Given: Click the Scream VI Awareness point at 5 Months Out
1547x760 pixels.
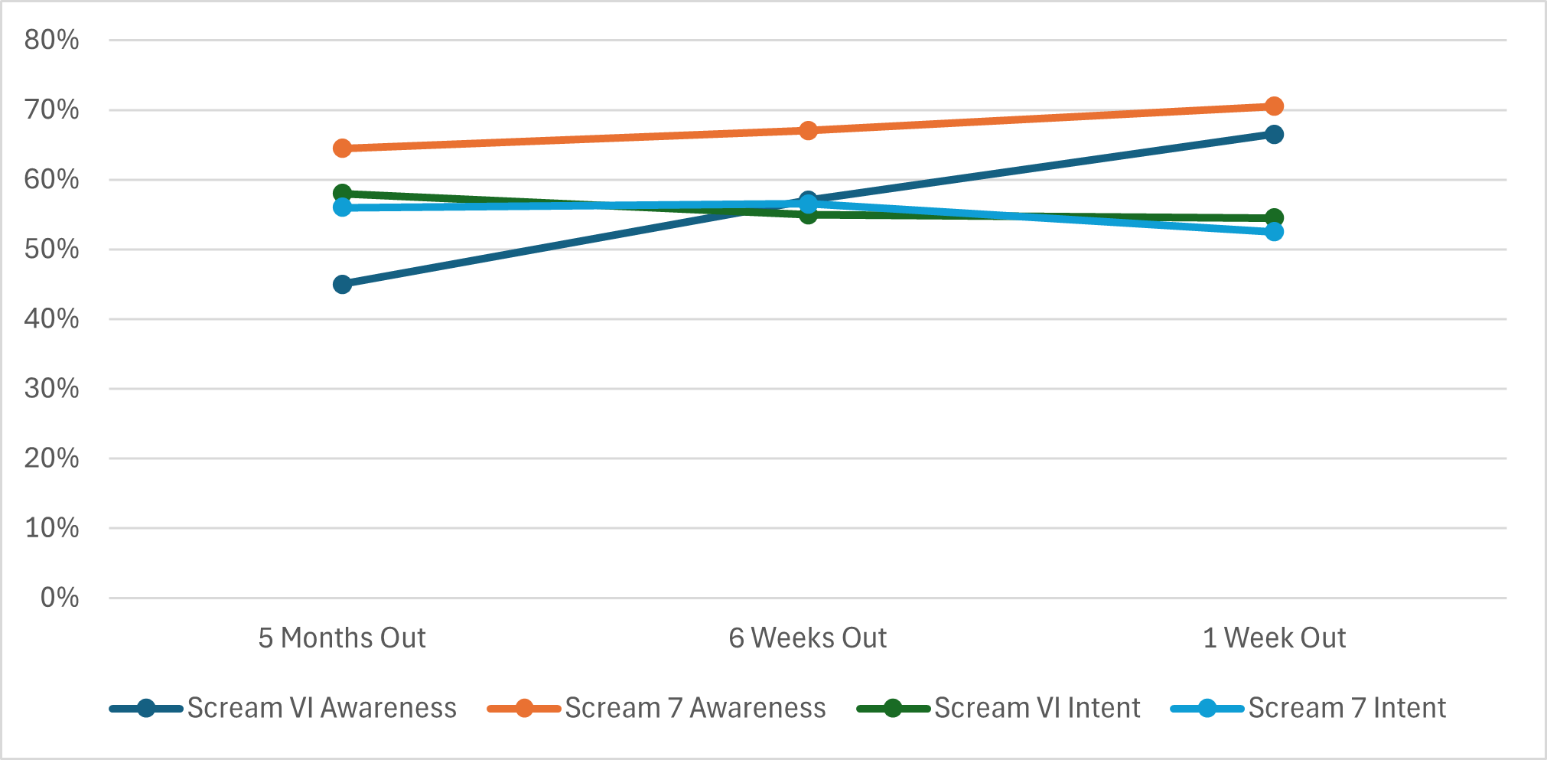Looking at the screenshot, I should click(x=342, y=285).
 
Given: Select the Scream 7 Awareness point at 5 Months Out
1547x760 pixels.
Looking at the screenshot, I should click(x=342, y=148).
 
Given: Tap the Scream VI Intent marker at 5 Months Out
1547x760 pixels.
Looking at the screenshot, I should click(x=342, y=193).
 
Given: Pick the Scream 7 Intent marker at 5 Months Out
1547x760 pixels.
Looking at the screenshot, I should click(x=342, y=207).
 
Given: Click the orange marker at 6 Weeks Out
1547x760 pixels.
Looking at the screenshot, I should click(x=808, y=130).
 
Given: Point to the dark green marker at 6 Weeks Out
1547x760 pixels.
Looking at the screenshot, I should click(x=808, y=215).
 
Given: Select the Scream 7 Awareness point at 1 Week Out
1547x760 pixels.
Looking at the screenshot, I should click(x=1274, y=106).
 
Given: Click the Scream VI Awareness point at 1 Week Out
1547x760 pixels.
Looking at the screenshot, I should click(x=1274, y=135).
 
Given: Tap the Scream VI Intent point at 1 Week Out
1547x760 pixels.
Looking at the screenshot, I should click(x=1274, y=217).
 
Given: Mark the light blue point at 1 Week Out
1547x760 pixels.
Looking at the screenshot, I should click(x=1274, y=232).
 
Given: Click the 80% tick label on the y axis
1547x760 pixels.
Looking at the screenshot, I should click(x=51, y=40).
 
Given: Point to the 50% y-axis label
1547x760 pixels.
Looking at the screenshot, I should click(x=51, y=250).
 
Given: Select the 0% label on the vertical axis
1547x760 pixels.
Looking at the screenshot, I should click(x=59, y=598).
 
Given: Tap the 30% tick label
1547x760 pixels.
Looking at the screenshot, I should click(x=51, y=389).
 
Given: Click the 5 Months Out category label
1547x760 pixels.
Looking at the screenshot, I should click(x=342, y=638).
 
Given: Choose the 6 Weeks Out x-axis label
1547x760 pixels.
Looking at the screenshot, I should click(x=808, y=638).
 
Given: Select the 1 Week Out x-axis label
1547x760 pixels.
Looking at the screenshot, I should click(x=1274, y=638).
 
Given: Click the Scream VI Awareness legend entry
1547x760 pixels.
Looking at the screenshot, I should click(x=321, y=708).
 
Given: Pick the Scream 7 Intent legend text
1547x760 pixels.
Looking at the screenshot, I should click(x=1347, y=708).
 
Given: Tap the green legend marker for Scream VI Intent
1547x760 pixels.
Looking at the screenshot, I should click(x=892, y=708).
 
